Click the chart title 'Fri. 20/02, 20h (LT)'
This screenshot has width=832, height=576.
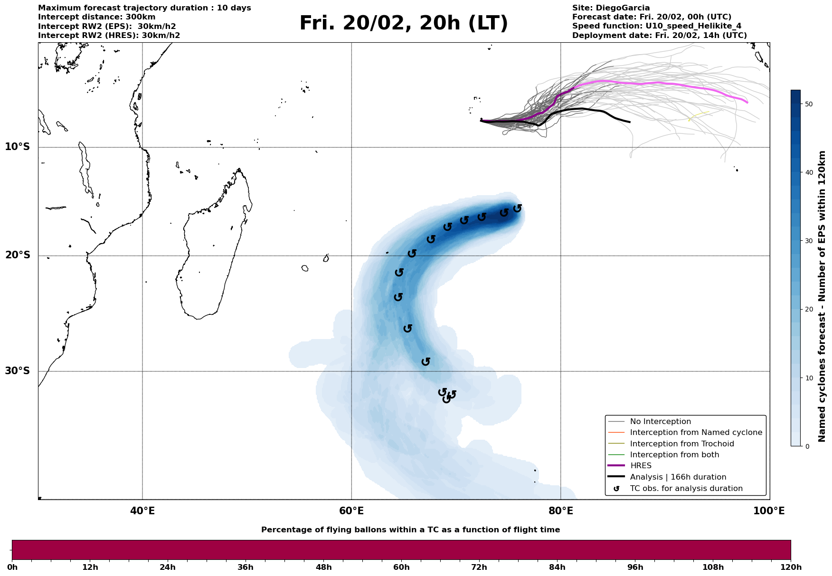(403, 24)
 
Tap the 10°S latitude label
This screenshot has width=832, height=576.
(18, 147)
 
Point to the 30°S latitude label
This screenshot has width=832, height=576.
(18, 371)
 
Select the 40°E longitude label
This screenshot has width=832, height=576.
(142, 511)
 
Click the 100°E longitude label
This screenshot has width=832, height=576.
(769, 511)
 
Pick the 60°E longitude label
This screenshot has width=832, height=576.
(351, 511)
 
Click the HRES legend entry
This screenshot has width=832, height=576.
(641, 466)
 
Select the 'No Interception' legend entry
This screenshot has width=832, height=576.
(660, 422)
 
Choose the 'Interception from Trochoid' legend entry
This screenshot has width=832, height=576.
(681, 444)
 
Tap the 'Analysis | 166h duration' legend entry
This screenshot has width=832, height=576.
(678, 477)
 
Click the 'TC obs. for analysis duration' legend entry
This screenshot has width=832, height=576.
(686, 489)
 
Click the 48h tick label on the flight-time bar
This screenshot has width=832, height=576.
(323, 567)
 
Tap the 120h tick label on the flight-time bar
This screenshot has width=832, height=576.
(791, 567)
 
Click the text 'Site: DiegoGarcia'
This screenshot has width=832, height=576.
(611, 8)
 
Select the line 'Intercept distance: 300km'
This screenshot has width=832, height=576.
(96, 17)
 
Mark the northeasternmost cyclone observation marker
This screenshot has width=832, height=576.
(518, 208)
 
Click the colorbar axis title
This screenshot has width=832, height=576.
(823, 296)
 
